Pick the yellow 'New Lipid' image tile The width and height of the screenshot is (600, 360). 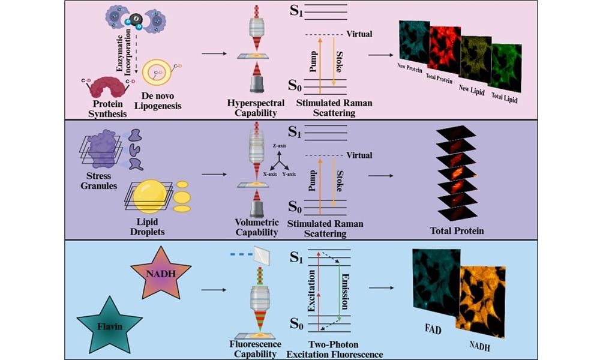(x=477, y=57)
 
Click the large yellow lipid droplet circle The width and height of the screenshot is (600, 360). (x=147, y=196)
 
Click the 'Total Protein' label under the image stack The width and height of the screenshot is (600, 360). (x=457, y=230)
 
